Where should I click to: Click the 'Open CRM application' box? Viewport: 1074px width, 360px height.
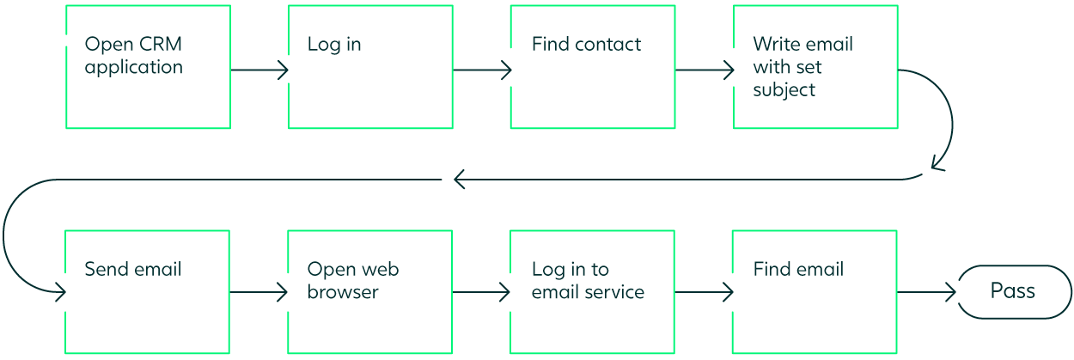point(148,67)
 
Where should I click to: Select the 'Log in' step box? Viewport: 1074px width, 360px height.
point(370,67)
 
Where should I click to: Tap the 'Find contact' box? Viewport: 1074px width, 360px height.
point(593,67)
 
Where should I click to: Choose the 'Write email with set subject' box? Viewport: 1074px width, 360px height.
point(815,67)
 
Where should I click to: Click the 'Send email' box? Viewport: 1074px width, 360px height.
point(148,292)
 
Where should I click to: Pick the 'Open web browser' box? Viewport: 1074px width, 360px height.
point(370,292)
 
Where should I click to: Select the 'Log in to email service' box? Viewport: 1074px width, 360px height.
point(593,292)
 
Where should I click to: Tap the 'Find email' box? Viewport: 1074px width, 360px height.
point(815,292)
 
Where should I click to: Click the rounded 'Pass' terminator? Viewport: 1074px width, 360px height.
point(1014,292)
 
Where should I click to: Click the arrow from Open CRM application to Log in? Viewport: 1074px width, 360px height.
point(259,70)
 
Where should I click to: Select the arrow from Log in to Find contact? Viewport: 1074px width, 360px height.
point(482,70)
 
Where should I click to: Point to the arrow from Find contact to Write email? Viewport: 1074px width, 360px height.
point(705,70)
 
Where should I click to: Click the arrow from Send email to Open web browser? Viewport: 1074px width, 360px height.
point(259,293)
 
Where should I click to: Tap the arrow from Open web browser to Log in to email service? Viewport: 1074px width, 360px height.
point(481,293)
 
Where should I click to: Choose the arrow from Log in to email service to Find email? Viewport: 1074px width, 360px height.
point(704,293)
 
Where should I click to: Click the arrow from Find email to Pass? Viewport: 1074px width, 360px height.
point(926,293)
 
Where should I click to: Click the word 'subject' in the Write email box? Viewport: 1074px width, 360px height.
point(784,90)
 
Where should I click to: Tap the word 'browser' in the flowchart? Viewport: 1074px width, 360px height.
point(343,292)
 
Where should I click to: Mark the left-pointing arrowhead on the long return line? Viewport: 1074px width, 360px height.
point(459,180)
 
